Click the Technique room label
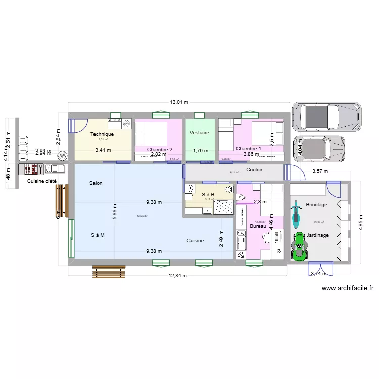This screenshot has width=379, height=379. (x=102, y=134)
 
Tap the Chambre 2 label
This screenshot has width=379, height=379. (x=160, y=150)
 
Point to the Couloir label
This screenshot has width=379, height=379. (x=254, y=170)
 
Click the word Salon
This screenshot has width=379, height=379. (x=96, y=183)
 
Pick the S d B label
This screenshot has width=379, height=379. (x=208, y=194)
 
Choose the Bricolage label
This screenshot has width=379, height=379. (x=317, y=205)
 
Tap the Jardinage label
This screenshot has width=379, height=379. (x=318, y=235)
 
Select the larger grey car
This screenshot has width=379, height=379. (x=327, y=116)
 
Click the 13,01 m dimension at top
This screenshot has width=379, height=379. (x=179, y=102)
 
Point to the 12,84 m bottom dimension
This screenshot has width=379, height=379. (x=178, y=276)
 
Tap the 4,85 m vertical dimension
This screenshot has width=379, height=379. (x=360, y=221)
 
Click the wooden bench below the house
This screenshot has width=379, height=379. (x=108, y=272)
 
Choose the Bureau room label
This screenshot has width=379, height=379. (x=258, y=226)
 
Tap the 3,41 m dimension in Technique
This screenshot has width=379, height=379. (x=103, y=150)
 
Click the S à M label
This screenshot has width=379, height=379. (x=98, y=235)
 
